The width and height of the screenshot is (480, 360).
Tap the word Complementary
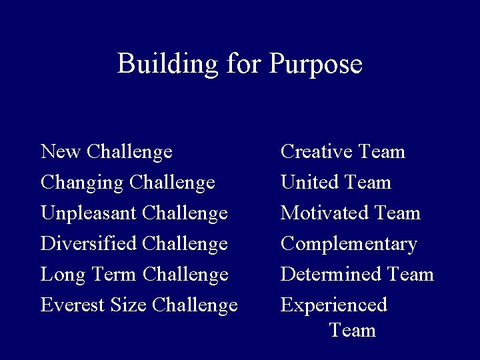coord(349,245)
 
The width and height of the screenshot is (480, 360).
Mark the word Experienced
coord(334,305)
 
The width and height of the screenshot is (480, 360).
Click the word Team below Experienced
coord(353,330)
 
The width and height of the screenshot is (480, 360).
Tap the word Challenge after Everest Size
coord(195,305)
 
